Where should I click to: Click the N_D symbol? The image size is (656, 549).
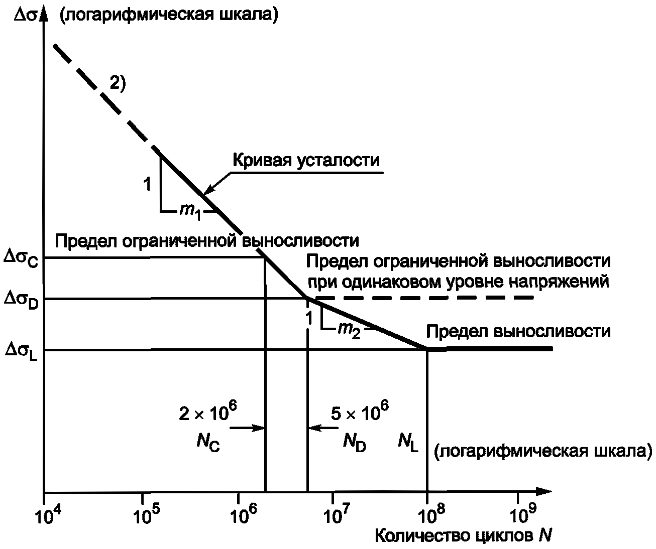pyautogui.click(x=355, y=442)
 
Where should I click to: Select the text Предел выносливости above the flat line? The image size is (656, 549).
pyautogui.click(x=518, y=332)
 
